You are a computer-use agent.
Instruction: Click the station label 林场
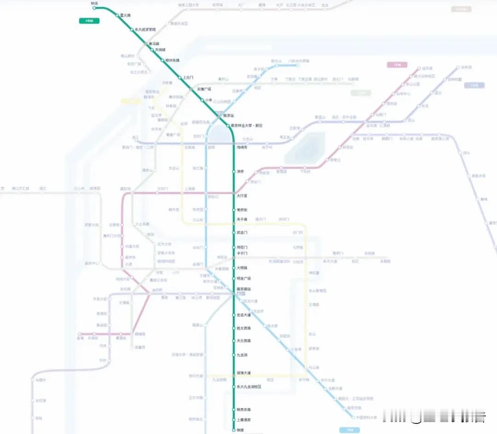tap(95, 3)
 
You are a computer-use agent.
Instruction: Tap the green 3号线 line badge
tap(89, 21)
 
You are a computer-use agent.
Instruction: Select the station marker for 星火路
tap(116, 15)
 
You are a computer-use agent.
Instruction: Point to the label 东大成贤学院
tap(145, 29)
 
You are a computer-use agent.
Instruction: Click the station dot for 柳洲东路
tap(162, 60)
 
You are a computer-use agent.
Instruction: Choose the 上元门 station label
tap(189, 77)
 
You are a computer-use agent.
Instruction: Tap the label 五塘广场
tap(204, 89)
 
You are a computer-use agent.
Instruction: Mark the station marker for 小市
tap(202, 100)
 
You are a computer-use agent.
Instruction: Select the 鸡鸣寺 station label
tap(242, 148)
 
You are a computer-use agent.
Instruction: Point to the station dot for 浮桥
tap(234, 171)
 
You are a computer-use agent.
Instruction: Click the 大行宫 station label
tap(242, 196)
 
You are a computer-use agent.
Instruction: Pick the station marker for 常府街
tap(234, 210)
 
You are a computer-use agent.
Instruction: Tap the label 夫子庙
tap(242, 219)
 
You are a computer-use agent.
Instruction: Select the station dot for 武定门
tap(234, 233)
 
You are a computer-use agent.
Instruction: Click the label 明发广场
tap(243, 278)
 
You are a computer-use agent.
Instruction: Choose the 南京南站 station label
tap(243, 289)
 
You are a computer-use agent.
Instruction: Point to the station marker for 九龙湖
tap(234, 355)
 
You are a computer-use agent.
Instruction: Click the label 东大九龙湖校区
tap(249, 387)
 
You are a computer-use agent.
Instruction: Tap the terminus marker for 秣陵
tap(234, 430)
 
